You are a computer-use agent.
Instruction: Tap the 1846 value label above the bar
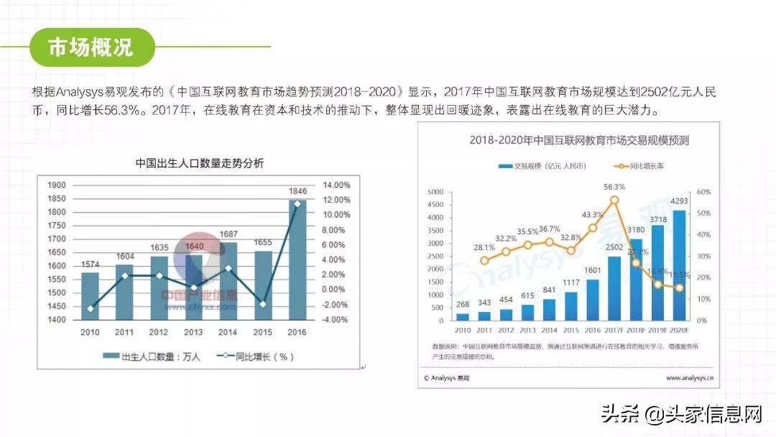click(x=297, y=191)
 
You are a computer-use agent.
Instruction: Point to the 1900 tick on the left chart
click(x=57, y=185)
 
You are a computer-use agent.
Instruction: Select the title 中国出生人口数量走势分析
click(x=200, y=163)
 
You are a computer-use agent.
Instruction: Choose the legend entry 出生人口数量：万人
click(x=152, y=356)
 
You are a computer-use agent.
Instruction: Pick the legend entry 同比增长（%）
click(x=257, y=356)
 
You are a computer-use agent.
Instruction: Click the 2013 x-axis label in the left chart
click(x=193, y=332)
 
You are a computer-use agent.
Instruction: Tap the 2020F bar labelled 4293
click(x=678, y=265)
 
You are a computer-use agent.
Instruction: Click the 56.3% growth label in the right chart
click(x=614, y=186)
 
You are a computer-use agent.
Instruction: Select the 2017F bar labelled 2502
click(x=614, y=288)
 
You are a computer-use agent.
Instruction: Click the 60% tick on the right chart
click(x=702, y=193)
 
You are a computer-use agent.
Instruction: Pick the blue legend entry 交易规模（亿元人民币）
click(x=544, y=166)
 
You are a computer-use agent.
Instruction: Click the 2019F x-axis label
click(x=657, y=329)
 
